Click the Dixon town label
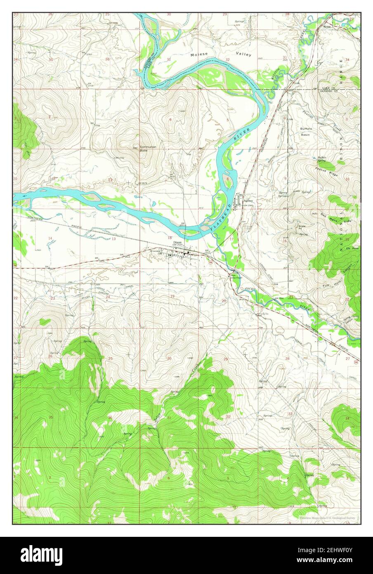click(x=178, y=242)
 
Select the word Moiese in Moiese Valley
click(x=198, y=54)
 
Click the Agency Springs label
click(x=283, y=194)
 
